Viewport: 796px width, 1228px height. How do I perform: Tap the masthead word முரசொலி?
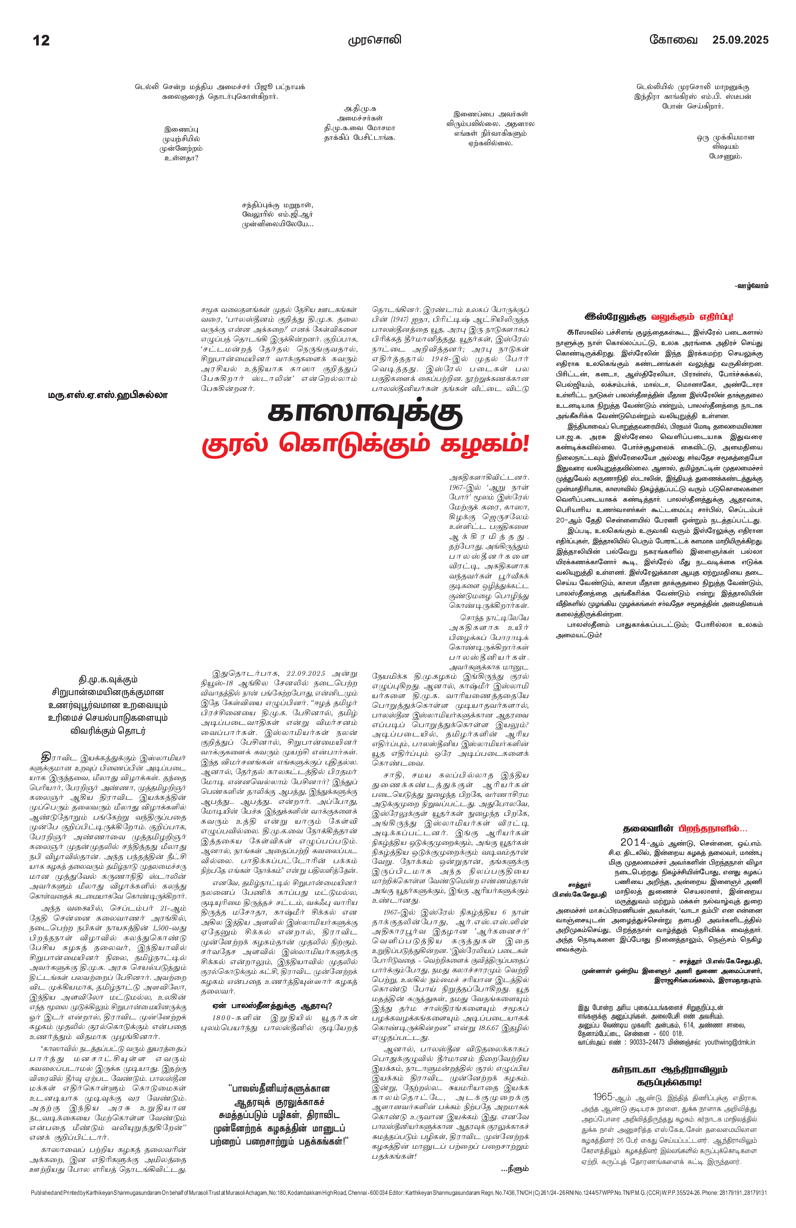coord(374,40)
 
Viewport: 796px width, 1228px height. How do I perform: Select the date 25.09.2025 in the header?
coord(740,40)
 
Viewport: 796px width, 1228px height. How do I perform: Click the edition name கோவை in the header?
coord(673,40)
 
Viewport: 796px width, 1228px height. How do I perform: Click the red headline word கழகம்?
coord(485,444)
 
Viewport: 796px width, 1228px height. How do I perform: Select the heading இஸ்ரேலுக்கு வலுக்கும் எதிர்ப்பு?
coord(659,317)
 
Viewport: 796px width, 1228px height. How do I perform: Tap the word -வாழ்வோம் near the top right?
coord(751,286)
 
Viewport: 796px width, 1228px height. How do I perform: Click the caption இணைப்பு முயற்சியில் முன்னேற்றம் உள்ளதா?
coord(181,143)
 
